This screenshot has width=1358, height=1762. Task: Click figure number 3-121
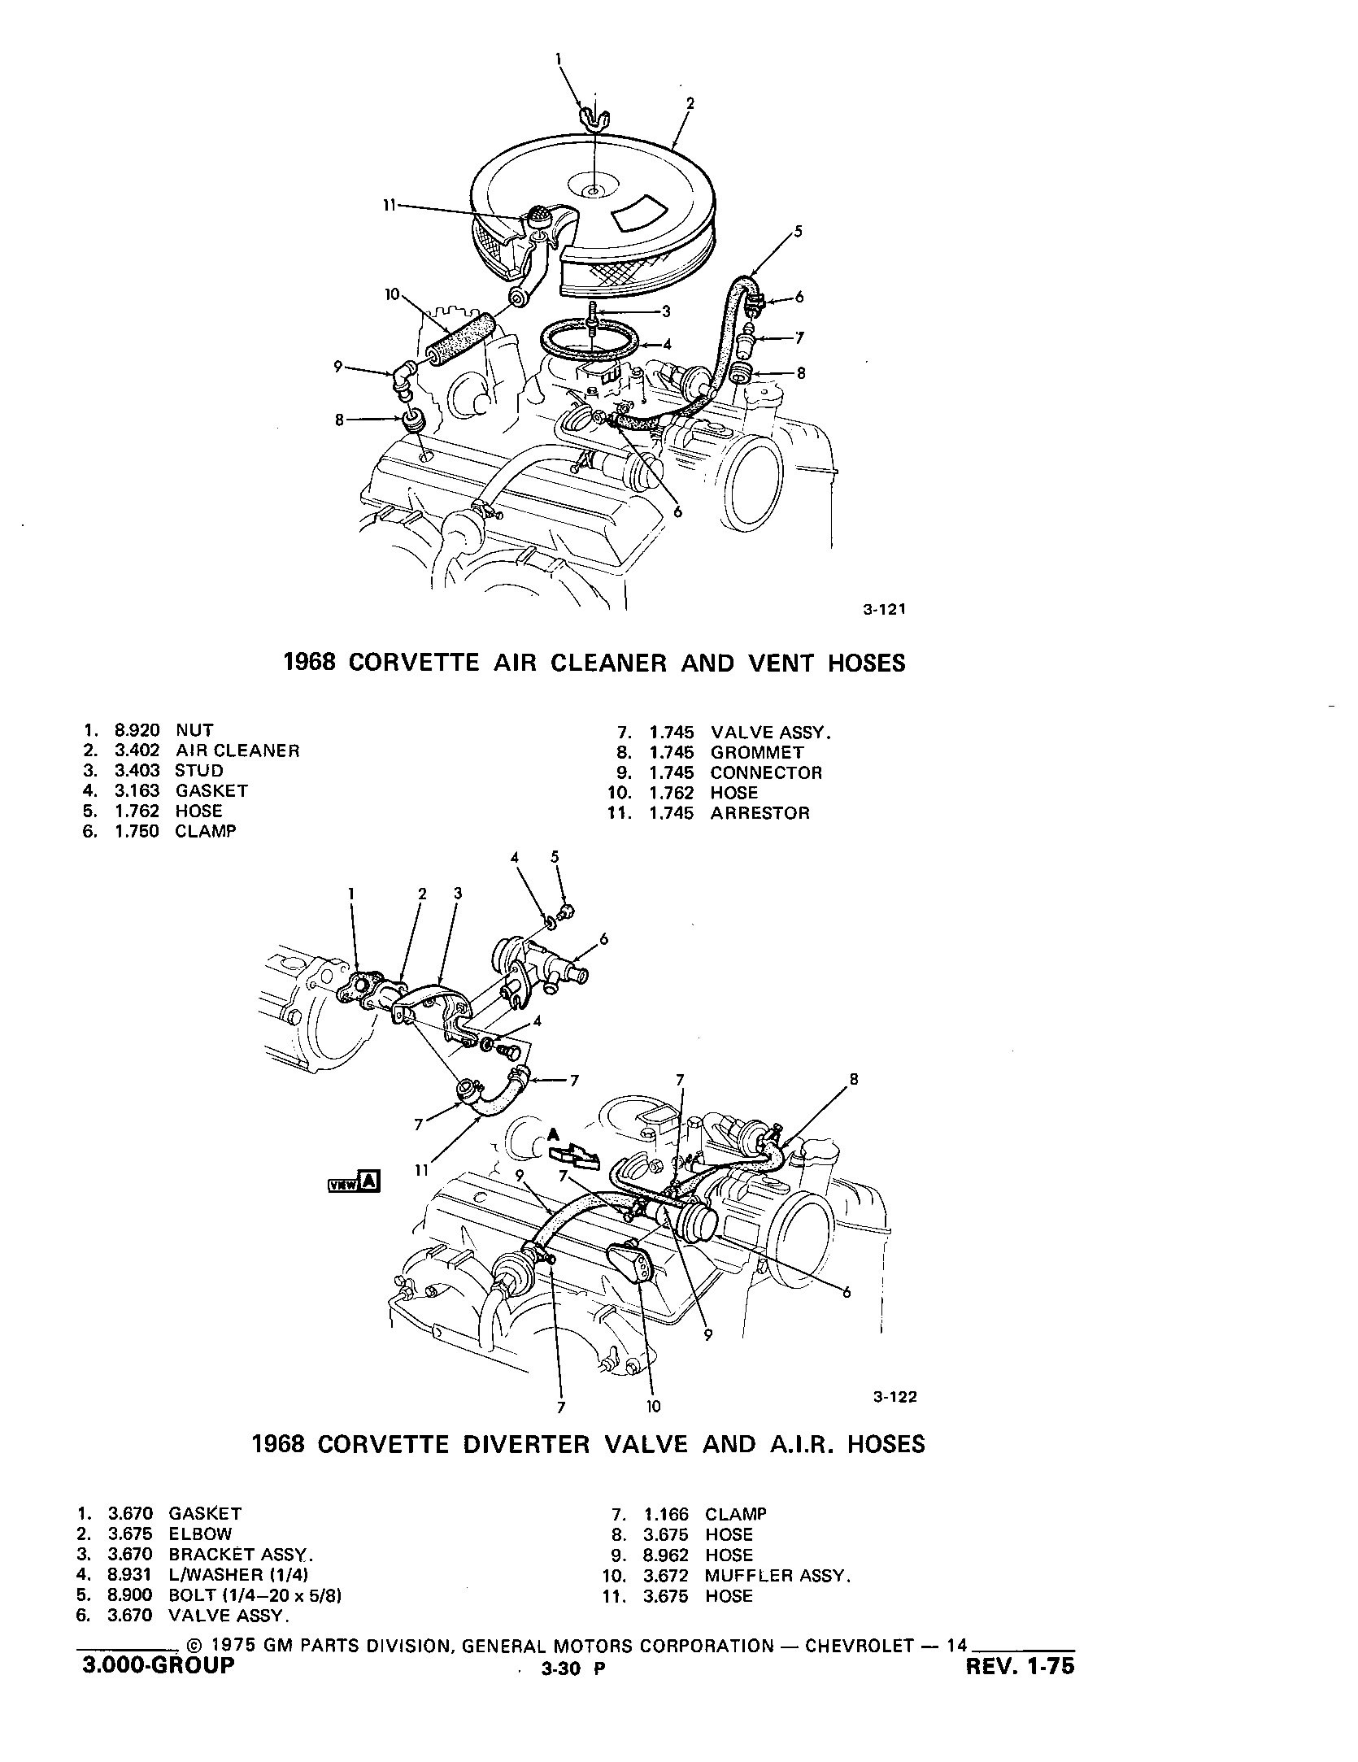click(884, 609)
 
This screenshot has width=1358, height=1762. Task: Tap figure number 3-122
click(894, 1397)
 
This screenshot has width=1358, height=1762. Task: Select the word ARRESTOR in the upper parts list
click(760, 813)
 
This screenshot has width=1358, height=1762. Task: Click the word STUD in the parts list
click(198, 770)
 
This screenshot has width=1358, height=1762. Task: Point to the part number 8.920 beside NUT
click(137, 730)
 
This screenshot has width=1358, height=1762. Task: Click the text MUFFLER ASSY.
click(777, 1575)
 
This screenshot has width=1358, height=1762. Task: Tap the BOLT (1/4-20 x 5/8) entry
click(255, 1595)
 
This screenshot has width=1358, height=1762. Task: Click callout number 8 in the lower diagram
click(853, 1080)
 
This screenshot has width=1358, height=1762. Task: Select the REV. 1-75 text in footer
click(1019, 1687)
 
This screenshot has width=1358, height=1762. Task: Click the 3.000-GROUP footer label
click(158, 1687)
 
